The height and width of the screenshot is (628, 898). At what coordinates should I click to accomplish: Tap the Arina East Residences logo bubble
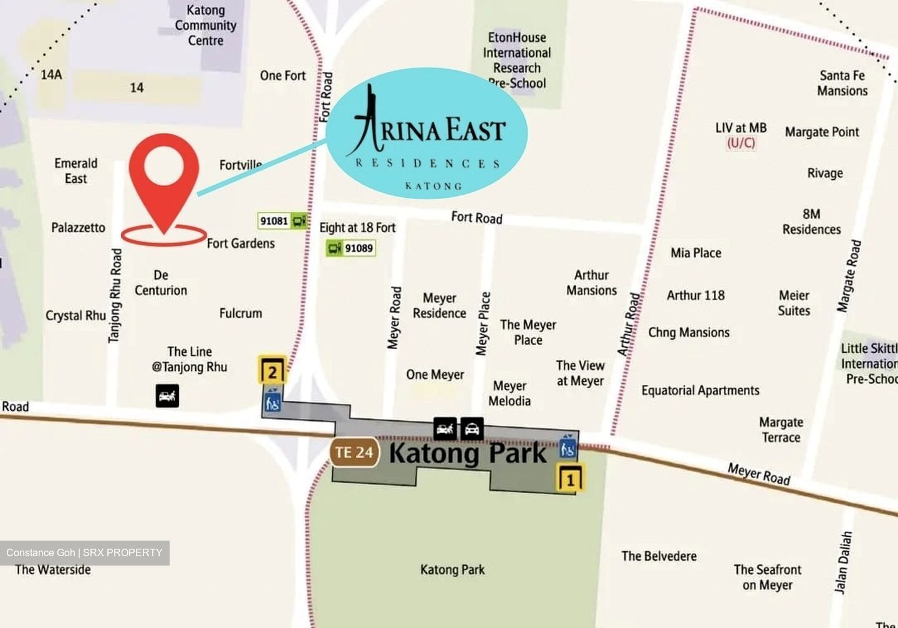(427, 133)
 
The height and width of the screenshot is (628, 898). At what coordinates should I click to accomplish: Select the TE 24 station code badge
(354, 453)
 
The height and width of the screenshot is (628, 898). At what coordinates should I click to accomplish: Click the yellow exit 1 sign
(570, 479)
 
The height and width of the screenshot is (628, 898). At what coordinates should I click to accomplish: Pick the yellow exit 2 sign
(273, 371)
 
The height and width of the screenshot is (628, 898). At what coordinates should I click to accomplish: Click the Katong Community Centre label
(205, 26)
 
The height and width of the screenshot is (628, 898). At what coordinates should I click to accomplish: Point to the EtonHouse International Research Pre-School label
(517, 60)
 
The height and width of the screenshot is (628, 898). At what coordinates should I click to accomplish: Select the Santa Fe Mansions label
(842, 83)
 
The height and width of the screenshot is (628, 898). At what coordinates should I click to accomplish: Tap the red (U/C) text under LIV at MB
(741, 143)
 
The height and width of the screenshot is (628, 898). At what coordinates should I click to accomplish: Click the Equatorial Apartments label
(700, 391)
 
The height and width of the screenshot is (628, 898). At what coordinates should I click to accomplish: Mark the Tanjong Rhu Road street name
(115, 295)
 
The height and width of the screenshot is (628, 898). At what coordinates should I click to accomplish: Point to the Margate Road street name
(849, 276)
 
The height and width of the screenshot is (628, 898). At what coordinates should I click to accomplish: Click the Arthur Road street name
(629, 325)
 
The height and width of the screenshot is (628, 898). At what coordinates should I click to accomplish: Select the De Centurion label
(161, 283)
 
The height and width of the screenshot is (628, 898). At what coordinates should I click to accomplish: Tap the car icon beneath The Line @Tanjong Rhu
(167, 396)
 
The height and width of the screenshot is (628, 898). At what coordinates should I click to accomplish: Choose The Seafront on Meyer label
(767, 577)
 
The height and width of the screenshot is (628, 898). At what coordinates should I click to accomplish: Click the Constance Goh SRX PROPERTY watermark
(84, 552)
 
